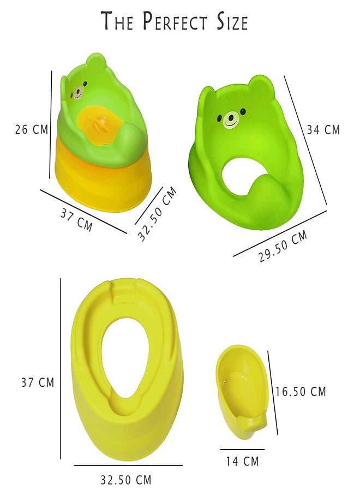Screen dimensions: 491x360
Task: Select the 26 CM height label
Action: tap(31, 129)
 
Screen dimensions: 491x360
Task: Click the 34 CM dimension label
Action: tap(323, 130)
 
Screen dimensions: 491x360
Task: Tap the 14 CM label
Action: tap(242, 462)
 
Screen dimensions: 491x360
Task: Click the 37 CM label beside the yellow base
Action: tap(38, 382)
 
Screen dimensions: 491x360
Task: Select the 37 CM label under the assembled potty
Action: tap(76, 218)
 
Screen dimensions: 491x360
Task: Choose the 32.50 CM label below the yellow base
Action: tap(125, 480)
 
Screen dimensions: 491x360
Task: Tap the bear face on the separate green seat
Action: tap(231, 118)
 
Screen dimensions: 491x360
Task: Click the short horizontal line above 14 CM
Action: tap(242, 450)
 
